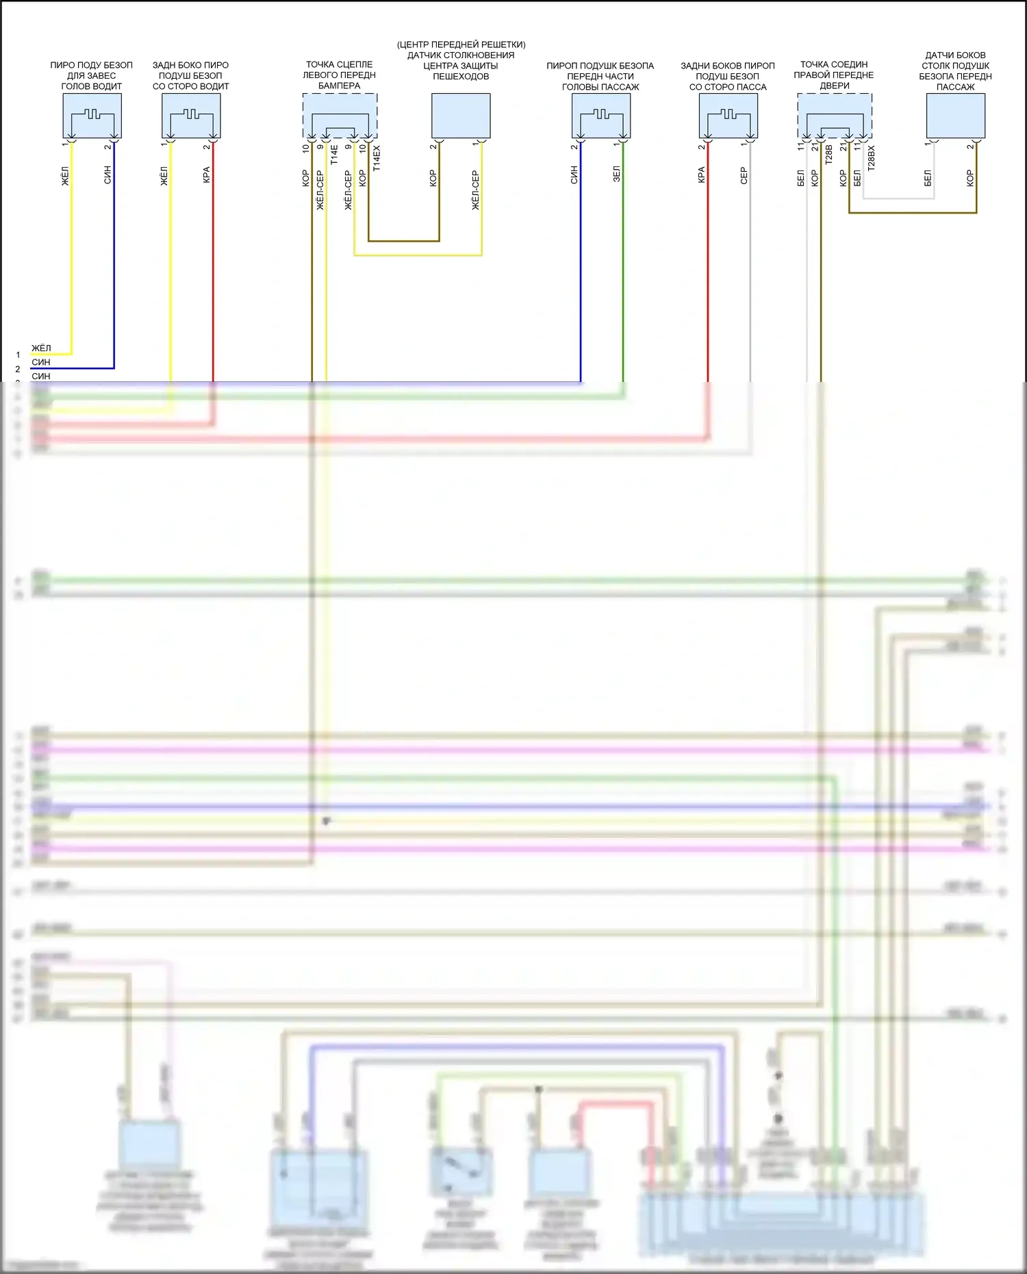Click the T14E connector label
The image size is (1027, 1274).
click(x=334, y=155)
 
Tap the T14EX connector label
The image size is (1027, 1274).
click(x=377, y=158)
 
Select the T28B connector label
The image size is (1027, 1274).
click(x=828, y=155)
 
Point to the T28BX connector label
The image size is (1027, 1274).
click(x=871, y=158)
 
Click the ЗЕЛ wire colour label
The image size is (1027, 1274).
click(x=616, y=173)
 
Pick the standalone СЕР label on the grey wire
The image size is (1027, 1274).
click(x=744, y=176)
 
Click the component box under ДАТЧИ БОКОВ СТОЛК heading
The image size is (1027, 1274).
click(x=955, y=116)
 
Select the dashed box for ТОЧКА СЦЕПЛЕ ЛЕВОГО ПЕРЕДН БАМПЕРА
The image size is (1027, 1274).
click(x=340, y=115)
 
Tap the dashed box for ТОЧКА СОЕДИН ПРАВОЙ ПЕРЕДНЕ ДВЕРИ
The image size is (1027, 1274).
click(x=834, y=115)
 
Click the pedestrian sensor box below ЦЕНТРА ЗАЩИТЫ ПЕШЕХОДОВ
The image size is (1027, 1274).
click(x=461, y=116)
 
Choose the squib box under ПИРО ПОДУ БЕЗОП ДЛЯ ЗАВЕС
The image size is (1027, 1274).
click(x=92, y=116)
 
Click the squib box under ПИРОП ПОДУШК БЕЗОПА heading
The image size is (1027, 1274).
click(x=600, y=116)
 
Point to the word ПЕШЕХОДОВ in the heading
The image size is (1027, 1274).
click(x=461, y=76)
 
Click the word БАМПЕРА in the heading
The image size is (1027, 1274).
click(x=339, y=86)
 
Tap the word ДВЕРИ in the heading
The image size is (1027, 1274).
click(x=834, y=86)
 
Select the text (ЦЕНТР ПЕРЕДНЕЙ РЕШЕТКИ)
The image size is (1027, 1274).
click(x=461, y=44)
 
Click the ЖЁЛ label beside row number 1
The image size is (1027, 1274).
click(x=41, y=348)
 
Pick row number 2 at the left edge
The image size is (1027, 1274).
click(x=18, y=369)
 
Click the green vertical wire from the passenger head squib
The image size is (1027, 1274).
click(x=623, y=274)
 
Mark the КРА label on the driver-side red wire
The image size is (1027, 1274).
click(x=206, y=175)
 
